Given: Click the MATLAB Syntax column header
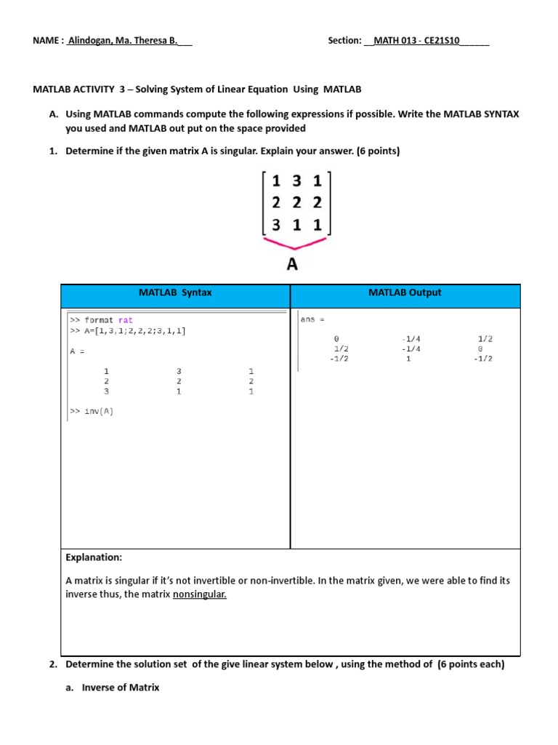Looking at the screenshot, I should pos(175,292).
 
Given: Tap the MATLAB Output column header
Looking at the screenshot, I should pos(405,292).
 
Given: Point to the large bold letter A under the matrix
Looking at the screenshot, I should pos(292,264).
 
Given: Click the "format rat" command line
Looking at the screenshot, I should pos(102,320).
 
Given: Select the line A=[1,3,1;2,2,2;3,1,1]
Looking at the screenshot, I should pos(128,331).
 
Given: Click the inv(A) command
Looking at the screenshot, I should pos(92,411).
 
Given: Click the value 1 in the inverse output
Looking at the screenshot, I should pos(408,359).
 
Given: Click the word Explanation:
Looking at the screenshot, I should pos(94,557).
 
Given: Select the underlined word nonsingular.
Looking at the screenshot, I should pos(200,594).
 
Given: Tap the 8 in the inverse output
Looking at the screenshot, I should pos(480,348).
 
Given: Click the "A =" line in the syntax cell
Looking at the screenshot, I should pos(78,351).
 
